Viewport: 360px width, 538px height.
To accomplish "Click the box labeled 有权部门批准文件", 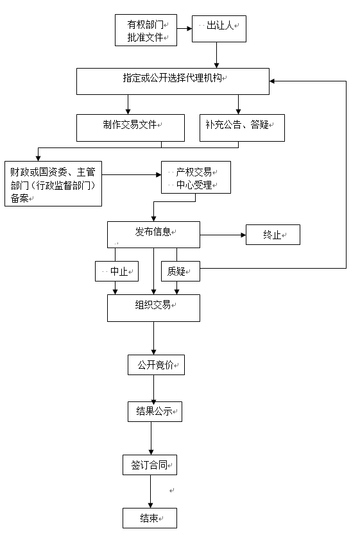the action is click(x=146, y=30).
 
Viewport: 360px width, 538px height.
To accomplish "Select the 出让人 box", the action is click(x=219, y=29).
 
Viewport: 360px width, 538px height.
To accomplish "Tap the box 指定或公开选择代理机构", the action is click(x=173, y=81).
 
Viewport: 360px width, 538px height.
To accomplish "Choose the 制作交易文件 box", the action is click(x=130, y=128).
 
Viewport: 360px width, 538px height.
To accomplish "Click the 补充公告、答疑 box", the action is click(x=242, y=128).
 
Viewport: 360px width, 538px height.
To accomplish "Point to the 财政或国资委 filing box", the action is click(x=53, y=183).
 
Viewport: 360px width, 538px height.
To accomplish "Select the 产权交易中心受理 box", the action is click(x=196, y=178).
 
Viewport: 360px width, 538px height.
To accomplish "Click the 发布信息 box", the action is click(x=153, y=235).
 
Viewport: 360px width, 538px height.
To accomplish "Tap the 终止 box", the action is click(x=273, y=235).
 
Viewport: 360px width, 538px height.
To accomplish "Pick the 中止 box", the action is click(x=117, y=271).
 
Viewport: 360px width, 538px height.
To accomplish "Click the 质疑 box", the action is click(x=181, y=271).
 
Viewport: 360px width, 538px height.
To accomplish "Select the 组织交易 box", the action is click(x=153, y=308).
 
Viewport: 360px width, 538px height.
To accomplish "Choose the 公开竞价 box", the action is click(x=157, y=365).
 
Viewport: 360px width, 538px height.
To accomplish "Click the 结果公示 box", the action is click(x=155, y=412).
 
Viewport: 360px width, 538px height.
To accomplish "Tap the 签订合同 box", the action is click(x=150, y=465).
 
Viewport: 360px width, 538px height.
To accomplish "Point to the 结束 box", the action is click(x=150, y=518).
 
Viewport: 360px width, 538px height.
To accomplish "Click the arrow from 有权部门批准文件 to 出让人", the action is click(x=184, y=28).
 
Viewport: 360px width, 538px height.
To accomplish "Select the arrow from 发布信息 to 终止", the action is click(x=223, y=235).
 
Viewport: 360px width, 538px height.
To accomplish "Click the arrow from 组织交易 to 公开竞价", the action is click(x=153, y=339).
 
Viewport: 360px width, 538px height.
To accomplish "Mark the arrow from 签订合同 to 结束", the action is click(x=150, y=492).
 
